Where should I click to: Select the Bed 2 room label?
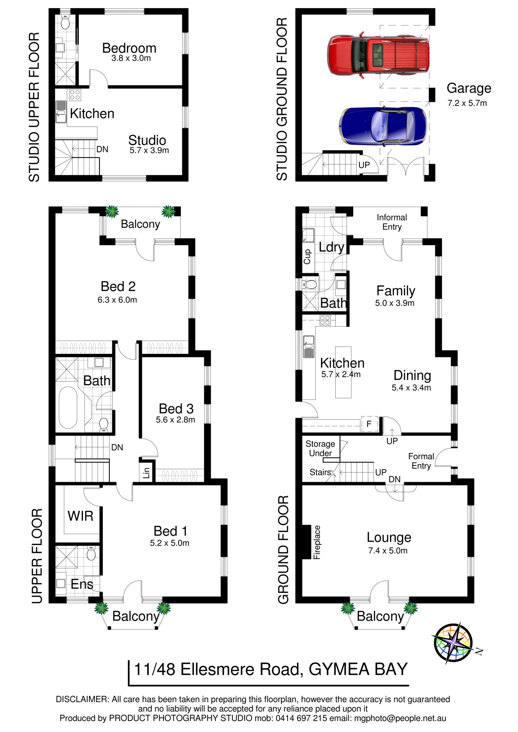click(x=118, y=286)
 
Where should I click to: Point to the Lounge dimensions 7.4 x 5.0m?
click(x=388, y=550)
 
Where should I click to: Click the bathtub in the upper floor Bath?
click(x=68, y=408)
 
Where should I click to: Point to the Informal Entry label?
click(x=392, y=222)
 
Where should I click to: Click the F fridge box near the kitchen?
click(x=369, y=424)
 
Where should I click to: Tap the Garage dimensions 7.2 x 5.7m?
click(x=467, y=103)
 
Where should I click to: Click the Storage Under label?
click(x=321, y=448)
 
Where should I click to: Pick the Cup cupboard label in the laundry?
click(x=307, y=257)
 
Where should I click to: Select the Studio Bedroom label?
click(x=129, y=48)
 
